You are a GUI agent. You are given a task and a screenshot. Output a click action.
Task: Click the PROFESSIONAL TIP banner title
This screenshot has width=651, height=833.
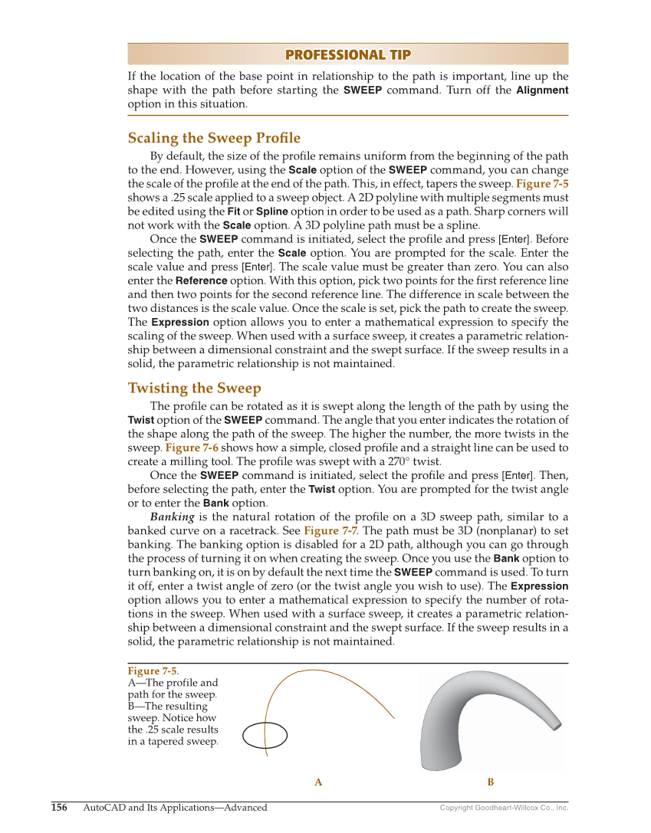coord(347,54)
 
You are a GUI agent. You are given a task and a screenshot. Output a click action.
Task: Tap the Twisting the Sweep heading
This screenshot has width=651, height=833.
coord(194,388)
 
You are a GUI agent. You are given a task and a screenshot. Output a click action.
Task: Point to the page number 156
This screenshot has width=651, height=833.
coord(59,807)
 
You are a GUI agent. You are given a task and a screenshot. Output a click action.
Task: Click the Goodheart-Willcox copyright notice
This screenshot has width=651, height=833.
coord(504,808)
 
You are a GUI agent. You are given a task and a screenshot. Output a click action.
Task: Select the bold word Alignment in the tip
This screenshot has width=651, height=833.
coord(542,90)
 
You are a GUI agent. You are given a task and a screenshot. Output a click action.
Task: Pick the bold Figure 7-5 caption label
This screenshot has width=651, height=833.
coord(153,671)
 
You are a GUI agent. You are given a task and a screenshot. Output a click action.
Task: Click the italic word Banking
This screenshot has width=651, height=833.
coord(171,517)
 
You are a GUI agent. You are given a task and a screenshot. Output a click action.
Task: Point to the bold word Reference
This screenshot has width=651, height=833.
coord(201,281)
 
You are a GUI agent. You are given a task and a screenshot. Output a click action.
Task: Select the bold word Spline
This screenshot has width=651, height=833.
coord(272,211)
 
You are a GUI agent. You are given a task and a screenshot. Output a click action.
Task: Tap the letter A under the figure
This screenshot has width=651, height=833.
coord(318,782)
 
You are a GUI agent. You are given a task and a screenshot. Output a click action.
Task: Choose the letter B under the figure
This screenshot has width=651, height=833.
coord(491,782)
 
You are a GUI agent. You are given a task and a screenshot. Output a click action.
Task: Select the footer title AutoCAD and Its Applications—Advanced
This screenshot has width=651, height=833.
coord(175,807)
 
